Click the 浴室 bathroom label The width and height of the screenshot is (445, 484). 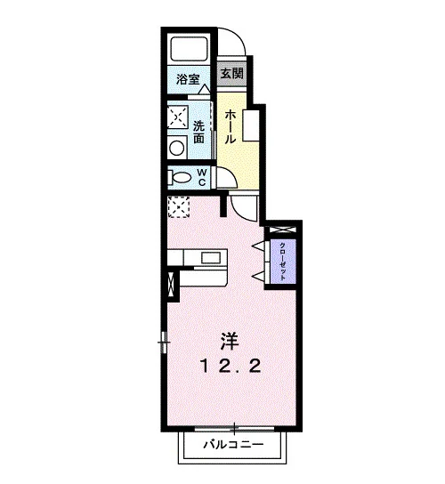click(188, 79)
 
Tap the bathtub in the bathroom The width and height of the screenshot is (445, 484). click(189, 49)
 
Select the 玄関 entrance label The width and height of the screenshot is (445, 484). click(232, 74)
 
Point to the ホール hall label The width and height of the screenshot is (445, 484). click(231, 127)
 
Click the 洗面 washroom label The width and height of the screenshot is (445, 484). click(199, 132)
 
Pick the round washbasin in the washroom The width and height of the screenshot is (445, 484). click(177, 148)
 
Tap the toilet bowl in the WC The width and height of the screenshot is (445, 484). click(180, 178)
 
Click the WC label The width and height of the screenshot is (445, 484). click(202, 177)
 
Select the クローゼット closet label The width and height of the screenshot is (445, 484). click(282, 262)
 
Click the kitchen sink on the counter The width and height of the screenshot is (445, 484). click(211, 257)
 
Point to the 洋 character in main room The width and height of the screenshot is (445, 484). click(230, 341)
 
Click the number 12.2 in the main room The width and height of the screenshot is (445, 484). click(231, 367)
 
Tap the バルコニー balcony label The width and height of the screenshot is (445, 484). click(233, 445)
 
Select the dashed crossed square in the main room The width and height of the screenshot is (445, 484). click(179, 207)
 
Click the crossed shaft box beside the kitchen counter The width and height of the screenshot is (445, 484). click(171, 285)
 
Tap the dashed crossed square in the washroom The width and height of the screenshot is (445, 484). click(178, 117)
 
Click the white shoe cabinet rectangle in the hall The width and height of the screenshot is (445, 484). click(251, 125)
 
